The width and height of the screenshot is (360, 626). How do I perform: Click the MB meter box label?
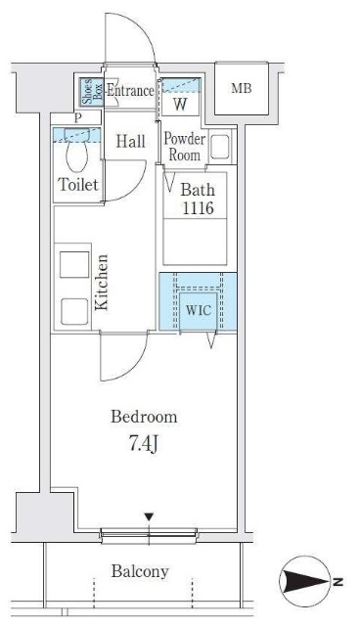click(242, 88)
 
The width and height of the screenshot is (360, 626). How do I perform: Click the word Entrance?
click(130, 91)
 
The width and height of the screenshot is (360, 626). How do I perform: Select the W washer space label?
click(180, 105)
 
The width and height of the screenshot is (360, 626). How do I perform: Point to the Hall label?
click(130, 141)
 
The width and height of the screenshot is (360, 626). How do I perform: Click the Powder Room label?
click(184, 147)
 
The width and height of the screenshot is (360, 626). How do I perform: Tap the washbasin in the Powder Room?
click(219, 147)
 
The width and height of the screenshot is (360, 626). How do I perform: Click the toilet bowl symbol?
click(76, 151)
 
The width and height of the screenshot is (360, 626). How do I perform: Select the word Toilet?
click(78, 185)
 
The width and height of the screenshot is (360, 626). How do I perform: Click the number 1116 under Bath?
click(198, 207)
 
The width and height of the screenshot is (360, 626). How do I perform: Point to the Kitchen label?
click(102, 283)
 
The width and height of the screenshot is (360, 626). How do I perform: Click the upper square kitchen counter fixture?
click(74, 264)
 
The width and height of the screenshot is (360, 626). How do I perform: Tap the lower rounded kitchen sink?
click(74, 312)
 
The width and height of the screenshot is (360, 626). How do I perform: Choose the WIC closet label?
click(199, 310)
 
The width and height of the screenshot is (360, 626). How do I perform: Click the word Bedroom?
click(144, 417)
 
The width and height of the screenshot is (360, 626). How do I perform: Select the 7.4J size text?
click(144, 443)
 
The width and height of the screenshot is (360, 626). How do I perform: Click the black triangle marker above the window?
click(149, 517)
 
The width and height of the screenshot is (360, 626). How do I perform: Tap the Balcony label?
click(140, 571)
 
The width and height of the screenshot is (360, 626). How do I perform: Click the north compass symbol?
click(306, 581)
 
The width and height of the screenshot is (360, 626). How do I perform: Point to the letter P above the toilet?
click(78, 117)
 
